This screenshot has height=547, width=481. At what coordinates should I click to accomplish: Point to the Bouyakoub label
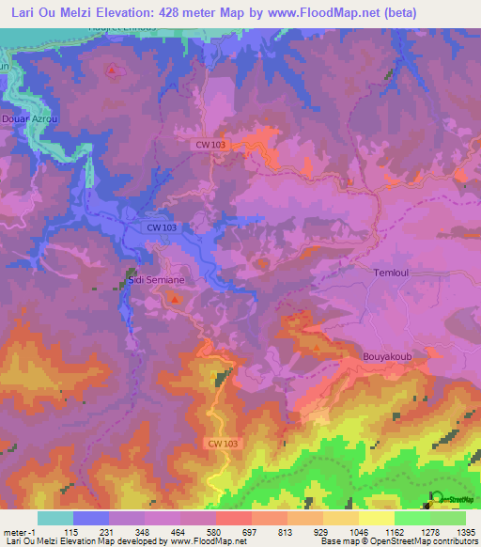[x=386, y=357]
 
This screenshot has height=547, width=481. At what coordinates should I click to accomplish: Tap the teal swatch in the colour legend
[x=54, y=518]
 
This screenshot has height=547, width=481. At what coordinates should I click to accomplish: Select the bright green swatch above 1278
[x=411, y=518]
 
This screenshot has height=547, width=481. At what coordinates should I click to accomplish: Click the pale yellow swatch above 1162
[x=376, y=518]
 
